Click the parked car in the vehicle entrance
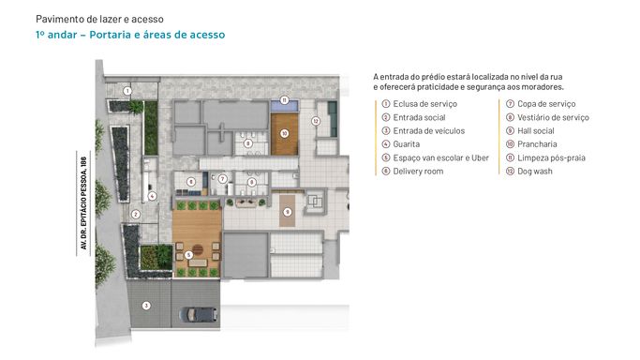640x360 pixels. [x=199, y=315]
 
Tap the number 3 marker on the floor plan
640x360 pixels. [x=146, y=306]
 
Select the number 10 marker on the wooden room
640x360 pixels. [x=284, y=133]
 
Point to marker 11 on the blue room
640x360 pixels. [x=284, y=100]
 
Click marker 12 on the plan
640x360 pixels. [x=315, y=121]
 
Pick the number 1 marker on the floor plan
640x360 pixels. [x=127, y=91]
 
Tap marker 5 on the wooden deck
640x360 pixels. [x=188, y=255]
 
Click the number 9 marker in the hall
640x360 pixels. [x=288, y=212]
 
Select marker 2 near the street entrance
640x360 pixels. [x=136, y=214]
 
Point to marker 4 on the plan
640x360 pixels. [x=152, y=196]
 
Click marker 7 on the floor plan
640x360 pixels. [x=222, y=179]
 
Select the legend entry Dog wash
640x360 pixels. [x=535, y=172]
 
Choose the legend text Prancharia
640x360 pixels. [x=537, y=144]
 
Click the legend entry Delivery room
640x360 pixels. [x=418, y=172]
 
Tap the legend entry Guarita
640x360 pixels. [x=406, y=144]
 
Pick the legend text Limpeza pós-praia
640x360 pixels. [x=551, y=157]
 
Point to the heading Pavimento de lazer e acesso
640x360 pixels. [x=99, y=19]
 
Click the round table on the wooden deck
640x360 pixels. [x=198, y=249]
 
